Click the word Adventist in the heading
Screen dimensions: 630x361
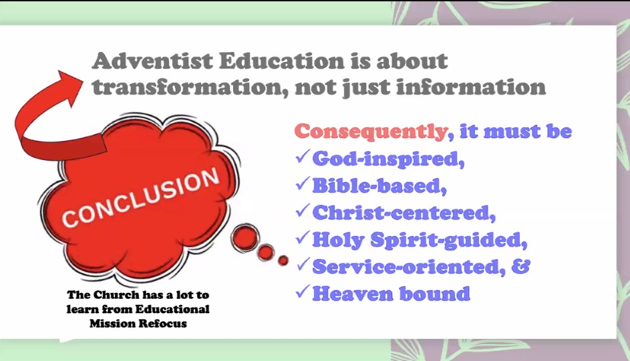coord(152,61)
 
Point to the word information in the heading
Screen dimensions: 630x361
coord(470,87)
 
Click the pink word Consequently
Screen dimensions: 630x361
coord(370,132)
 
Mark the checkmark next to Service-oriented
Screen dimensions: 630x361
coord(303,264)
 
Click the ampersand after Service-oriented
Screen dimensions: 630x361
coord(520,266)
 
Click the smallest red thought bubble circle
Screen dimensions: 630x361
coord(283,260)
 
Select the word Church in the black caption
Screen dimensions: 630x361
coord(116,295)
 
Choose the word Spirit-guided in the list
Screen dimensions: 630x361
coord(448,240)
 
